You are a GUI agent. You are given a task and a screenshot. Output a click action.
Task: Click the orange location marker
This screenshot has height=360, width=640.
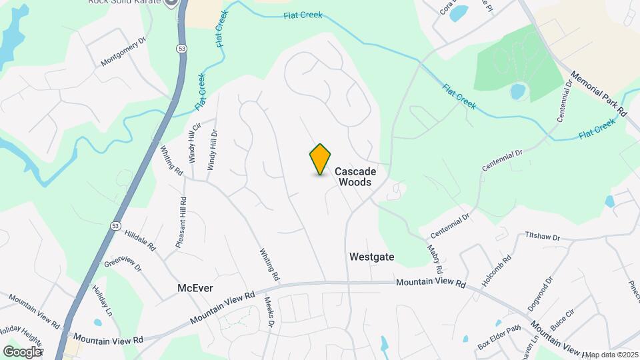click(x=321, y=159)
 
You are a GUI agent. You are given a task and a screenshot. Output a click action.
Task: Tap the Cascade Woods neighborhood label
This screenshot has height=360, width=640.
click(x=355, y=177)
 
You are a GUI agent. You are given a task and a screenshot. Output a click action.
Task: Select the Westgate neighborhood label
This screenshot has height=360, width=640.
click(x=372, y=257)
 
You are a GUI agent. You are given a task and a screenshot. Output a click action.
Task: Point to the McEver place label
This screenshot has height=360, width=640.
click(x=195, y=288)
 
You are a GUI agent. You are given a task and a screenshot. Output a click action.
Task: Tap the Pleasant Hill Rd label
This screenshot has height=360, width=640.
click(x=181, y=223)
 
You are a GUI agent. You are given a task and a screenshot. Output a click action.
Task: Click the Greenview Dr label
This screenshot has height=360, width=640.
click(x=123, y=258)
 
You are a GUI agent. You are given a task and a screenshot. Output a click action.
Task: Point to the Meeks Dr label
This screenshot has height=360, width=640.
click(x=269, y=314)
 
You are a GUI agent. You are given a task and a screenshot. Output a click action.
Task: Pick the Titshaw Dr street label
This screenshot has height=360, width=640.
click(x=543, y=236)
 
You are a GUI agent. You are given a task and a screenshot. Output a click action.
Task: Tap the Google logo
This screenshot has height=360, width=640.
click(x=22, y=351)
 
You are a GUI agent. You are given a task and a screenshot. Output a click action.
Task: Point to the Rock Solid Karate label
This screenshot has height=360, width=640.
click(x=125, y=2)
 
